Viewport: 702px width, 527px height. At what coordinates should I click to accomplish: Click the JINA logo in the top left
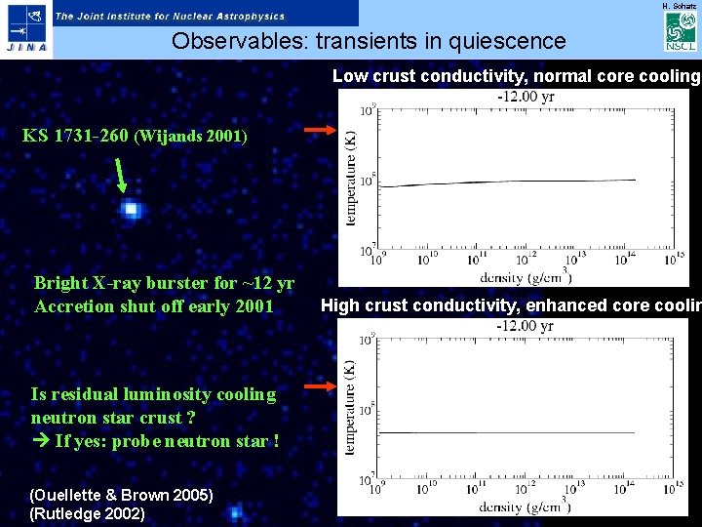point(25,29)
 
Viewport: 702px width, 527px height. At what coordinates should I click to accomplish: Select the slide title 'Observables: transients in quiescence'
point(368,41)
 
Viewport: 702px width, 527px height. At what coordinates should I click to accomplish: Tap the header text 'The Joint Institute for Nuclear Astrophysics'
point(170,16)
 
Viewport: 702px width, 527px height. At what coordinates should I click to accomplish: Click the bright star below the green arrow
point(131,210)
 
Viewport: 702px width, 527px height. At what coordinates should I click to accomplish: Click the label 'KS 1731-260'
point(75,136)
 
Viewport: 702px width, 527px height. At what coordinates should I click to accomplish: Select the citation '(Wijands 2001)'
point(191,137)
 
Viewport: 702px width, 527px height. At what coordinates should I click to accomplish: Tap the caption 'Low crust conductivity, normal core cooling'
point(516,76)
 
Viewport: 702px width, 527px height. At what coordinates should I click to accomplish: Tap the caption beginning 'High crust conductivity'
point(511,305)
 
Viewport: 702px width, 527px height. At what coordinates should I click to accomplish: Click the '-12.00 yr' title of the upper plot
point(527,97)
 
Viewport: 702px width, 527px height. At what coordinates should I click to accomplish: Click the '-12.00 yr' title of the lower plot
point(526,326)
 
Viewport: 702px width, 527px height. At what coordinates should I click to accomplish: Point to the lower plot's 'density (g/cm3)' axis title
point(525,507)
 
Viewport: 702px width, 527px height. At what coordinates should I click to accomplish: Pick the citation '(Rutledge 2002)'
point(88,513)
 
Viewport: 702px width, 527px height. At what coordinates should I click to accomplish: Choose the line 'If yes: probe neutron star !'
point(156,441)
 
